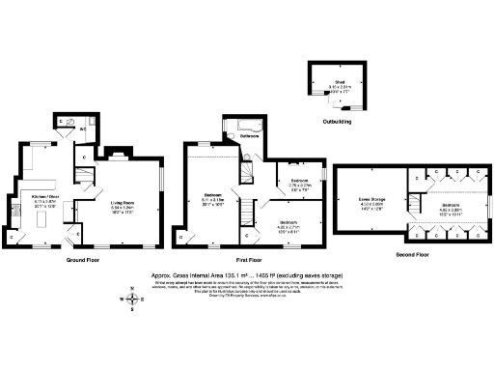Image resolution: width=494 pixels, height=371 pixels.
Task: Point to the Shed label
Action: point(340,82)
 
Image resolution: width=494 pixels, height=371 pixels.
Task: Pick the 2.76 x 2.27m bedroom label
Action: point(300,183)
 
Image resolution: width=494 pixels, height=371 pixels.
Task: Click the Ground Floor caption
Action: point(84,261)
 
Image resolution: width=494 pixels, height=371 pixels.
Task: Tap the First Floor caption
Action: point(248,261)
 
